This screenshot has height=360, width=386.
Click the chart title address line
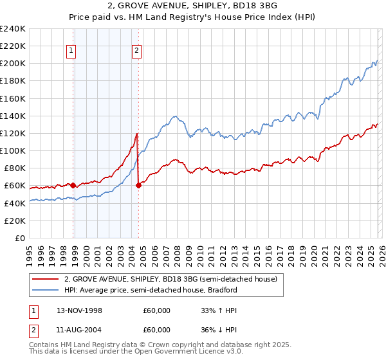(193, 6)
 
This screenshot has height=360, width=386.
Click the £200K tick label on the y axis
(13, 64)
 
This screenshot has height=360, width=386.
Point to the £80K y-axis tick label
(15, 168)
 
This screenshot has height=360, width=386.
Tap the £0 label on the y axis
(21, 238)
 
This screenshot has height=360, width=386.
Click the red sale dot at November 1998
(73, 185)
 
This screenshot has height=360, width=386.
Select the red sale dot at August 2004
(138, 185)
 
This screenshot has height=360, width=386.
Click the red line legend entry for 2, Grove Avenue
(170, 279)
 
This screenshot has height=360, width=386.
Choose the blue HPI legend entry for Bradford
(151, 290)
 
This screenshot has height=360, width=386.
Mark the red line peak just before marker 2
(137, 134)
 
